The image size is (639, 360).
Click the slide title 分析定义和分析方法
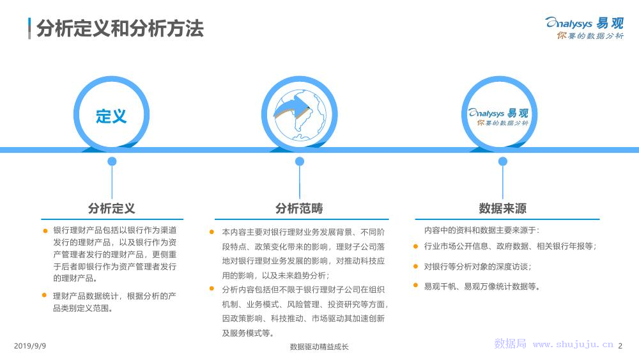(119, 29)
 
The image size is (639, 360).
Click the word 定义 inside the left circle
(112, 116)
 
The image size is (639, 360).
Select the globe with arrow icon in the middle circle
(299, 113)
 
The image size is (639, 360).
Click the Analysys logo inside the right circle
(502, 116)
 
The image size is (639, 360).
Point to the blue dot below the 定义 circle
(112, 161)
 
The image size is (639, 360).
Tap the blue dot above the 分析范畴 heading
(300, 161)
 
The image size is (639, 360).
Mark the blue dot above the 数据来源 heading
(502, 161)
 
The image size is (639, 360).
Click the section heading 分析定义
(112, 208)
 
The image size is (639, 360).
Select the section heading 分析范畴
(299, 208)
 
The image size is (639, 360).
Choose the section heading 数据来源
(502, 208)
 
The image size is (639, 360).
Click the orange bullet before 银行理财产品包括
(45, 230)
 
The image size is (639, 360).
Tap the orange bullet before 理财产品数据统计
(45, 295)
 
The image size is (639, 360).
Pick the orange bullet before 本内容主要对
(212, 231)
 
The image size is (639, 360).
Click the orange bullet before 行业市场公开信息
(416, 246)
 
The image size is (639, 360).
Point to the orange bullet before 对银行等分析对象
(416, 266)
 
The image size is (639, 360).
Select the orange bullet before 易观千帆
(416, 286)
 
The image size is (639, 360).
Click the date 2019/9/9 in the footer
(30, 346)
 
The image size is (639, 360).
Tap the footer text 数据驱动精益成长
(319, 347)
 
